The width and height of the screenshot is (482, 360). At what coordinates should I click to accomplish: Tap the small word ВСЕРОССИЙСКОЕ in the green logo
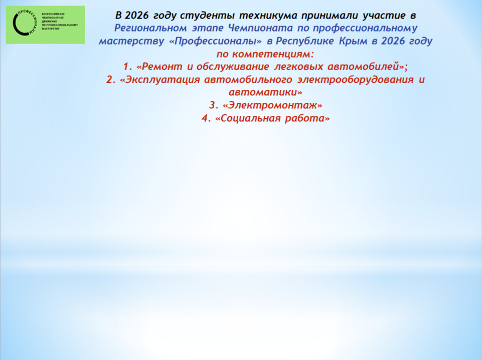coord(53,14)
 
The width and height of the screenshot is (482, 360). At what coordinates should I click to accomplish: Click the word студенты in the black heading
coord(207,15)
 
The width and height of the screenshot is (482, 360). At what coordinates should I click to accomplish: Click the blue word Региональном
coord(150,28)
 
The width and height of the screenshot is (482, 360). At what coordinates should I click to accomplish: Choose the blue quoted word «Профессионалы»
coord(216,41)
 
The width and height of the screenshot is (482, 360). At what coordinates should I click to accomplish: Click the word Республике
coord(304,41)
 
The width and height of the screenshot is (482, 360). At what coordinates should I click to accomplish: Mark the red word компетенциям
coord(273,54)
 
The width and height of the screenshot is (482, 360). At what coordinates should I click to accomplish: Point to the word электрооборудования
coord(355,80)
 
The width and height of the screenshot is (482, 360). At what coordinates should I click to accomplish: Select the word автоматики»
coord(265,92)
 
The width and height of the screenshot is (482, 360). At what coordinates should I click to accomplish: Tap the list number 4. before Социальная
coord(206,118)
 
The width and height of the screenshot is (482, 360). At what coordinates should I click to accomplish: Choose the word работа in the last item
coord(307,118)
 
